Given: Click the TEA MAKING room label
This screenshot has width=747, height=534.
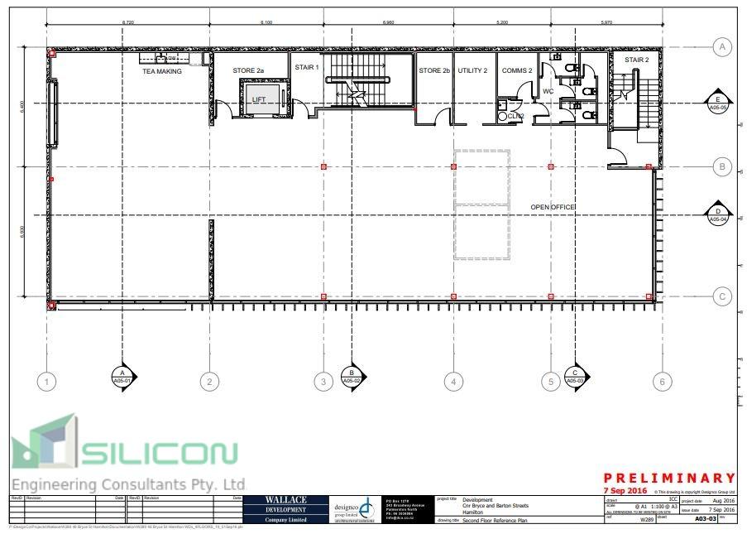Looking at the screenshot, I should [162, 71].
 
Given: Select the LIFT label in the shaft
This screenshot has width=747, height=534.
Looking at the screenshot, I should [260, 99].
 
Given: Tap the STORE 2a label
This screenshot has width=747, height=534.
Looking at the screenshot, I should [248, 71].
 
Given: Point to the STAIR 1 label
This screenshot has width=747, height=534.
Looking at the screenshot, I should [306, 66].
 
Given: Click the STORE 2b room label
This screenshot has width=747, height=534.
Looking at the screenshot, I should [434, 71].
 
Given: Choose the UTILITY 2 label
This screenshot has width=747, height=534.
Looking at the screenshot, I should [472, 71].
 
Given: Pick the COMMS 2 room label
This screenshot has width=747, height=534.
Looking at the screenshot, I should [517, 71].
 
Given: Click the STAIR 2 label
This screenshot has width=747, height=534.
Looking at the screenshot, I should [636, 60].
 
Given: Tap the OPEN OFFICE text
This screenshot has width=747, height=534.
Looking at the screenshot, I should [553, 207].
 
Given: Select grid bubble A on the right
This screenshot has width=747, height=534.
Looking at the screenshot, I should [722, 47].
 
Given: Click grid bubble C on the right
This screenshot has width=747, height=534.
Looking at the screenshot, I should [722, 296].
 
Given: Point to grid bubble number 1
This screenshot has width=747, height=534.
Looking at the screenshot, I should [48, 382].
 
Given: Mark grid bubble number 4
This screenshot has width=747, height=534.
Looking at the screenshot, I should [453, 382].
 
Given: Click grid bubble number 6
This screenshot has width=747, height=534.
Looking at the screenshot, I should [659, 382].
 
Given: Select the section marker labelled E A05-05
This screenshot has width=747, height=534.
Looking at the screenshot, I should [716, 103].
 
